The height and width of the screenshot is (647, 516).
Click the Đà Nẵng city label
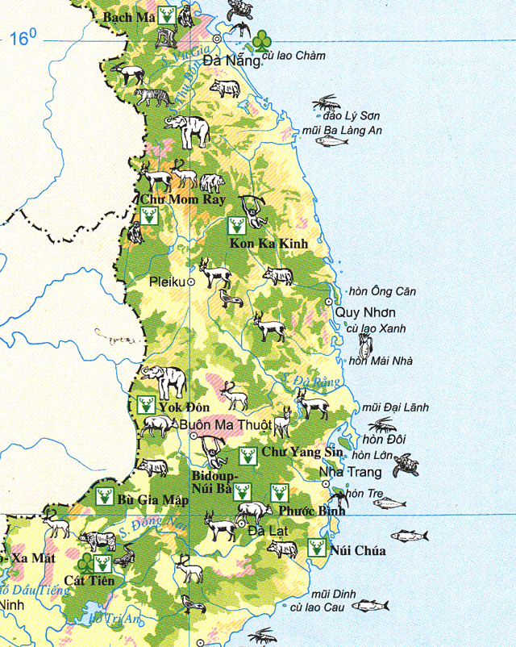tap(231, 61)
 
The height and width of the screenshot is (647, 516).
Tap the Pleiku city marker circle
tap(192, 282)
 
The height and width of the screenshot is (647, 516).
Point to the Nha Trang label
tap(347, 472)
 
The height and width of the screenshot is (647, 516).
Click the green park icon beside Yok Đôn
tap(146, 404)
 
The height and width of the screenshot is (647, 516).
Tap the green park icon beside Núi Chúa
tap(318, 548)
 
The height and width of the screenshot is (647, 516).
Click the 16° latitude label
tap(23, 37)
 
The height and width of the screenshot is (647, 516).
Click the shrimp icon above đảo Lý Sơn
tap(327, 103)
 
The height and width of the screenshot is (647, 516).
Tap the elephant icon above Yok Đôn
tap(163, 377)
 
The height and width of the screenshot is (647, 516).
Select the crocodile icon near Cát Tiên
tap(126, 555)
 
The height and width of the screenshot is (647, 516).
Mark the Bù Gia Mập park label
tap(152, 500)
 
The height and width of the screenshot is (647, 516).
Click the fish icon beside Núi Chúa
tap(410, 535)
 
